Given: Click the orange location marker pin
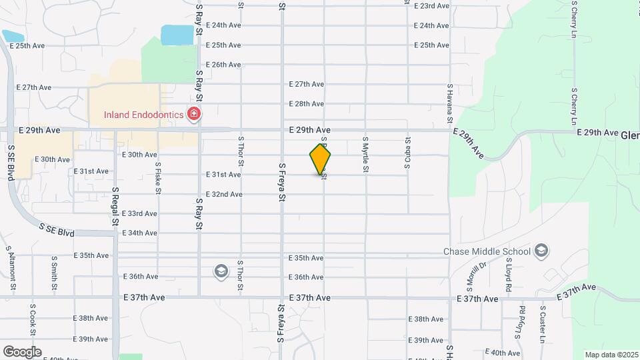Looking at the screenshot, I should [x=320, y=159].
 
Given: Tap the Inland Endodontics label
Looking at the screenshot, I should [x=143, y=115].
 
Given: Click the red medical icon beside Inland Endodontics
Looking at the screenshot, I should [x=194, y=115].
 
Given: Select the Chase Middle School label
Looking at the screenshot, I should [x=487, y=251].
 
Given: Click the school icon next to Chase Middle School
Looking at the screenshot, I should [x=542, y=251].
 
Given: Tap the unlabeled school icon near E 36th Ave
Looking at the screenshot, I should [x=221, y=271].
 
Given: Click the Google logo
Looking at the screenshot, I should [x=22, y=351].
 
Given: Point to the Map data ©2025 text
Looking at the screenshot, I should [x=611, y=355].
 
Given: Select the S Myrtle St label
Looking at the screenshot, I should [x=365, y=155].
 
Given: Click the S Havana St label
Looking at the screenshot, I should [x=451, y=104].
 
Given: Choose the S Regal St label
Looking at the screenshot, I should [x=115, y=207].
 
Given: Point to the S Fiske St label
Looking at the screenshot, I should [x=158, y=179].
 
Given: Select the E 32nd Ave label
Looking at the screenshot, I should [x=223, y=195].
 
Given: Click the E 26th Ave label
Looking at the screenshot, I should [x=223, y=65].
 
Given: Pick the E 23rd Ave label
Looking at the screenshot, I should [x=431, y=6].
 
